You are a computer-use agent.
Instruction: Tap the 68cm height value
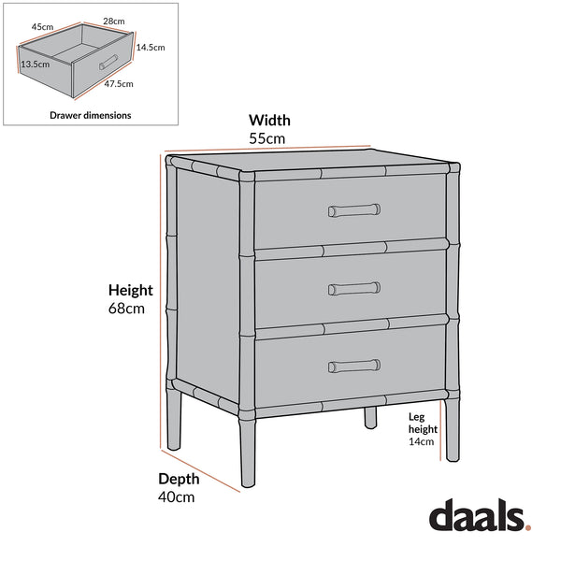(127, 309)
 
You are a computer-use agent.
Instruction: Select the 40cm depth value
(176, 497)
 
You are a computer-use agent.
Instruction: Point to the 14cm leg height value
(422, 442)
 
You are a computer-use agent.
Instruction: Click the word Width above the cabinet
(268, 120)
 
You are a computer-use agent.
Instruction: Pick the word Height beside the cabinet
(130, 290)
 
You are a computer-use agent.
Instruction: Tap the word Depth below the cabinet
(179, 479)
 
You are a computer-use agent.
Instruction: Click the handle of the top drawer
(353, 210)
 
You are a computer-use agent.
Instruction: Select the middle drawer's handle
(353, 288)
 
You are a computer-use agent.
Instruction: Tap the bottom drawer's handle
(353, 365)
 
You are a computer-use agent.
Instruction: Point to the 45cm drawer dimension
(42, 27)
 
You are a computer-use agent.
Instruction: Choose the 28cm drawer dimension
(114, 21)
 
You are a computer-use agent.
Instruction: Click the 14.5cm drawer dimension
(151, 47)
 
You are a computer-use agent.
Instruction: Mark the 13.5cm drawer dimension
(35, 65)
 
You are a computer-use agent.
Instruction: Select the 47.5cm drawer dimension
(119, 83)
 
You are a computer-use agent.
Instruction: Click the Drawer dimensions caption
(90, 115)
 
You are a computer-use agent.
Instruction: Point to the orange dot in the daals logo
(527, 528)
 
